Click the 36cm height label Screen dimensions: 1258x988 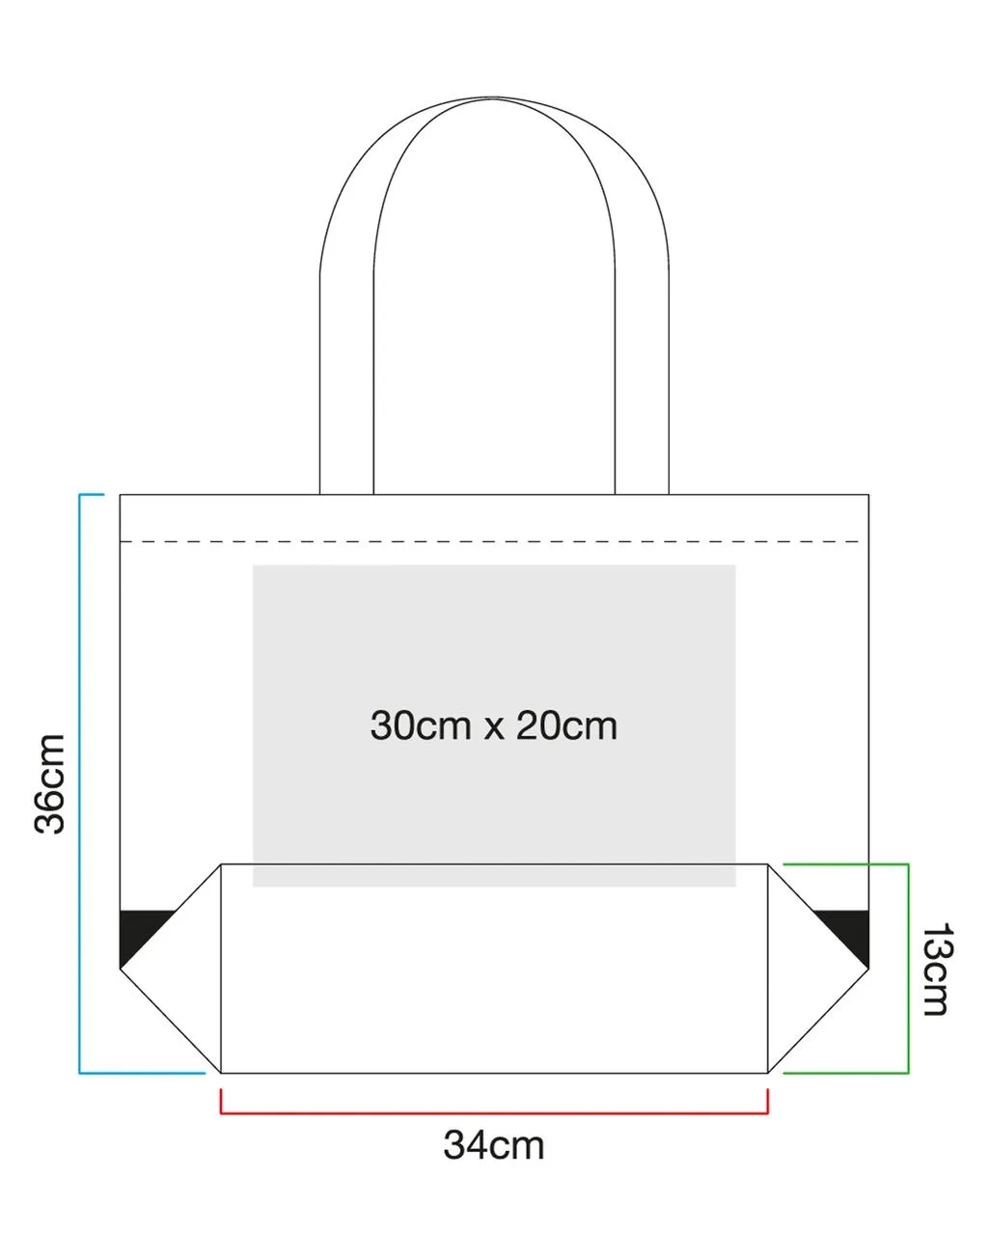pos(50,783)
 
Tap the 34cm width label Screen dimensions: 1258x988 pos(494,1145)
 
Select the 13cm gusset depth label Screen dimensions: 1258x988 pos(935,969)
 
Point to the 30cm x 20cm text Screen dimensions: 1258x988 pos(493,725)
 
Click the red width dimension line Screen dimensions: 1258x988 pos(494,1113)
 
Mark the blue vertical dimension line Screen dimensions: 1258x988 pos(80,783)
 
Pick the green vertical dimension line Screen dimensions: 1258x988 pos(908,969)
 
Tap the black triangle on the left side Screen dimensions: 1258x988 pos(139,931)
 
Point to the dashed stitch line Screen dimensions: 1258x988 pos(492,542)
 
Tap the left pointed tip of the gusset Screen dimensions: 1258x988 pos(121,969)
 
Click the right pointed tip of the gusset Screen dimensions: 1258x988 pos(867,969)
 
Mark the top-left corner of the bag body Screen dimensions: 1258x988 pos(120,495)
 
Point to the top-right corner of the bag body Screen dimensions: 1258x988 pos(868,495)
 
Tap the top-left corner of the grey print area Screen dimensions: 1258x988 pos(254,565)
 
